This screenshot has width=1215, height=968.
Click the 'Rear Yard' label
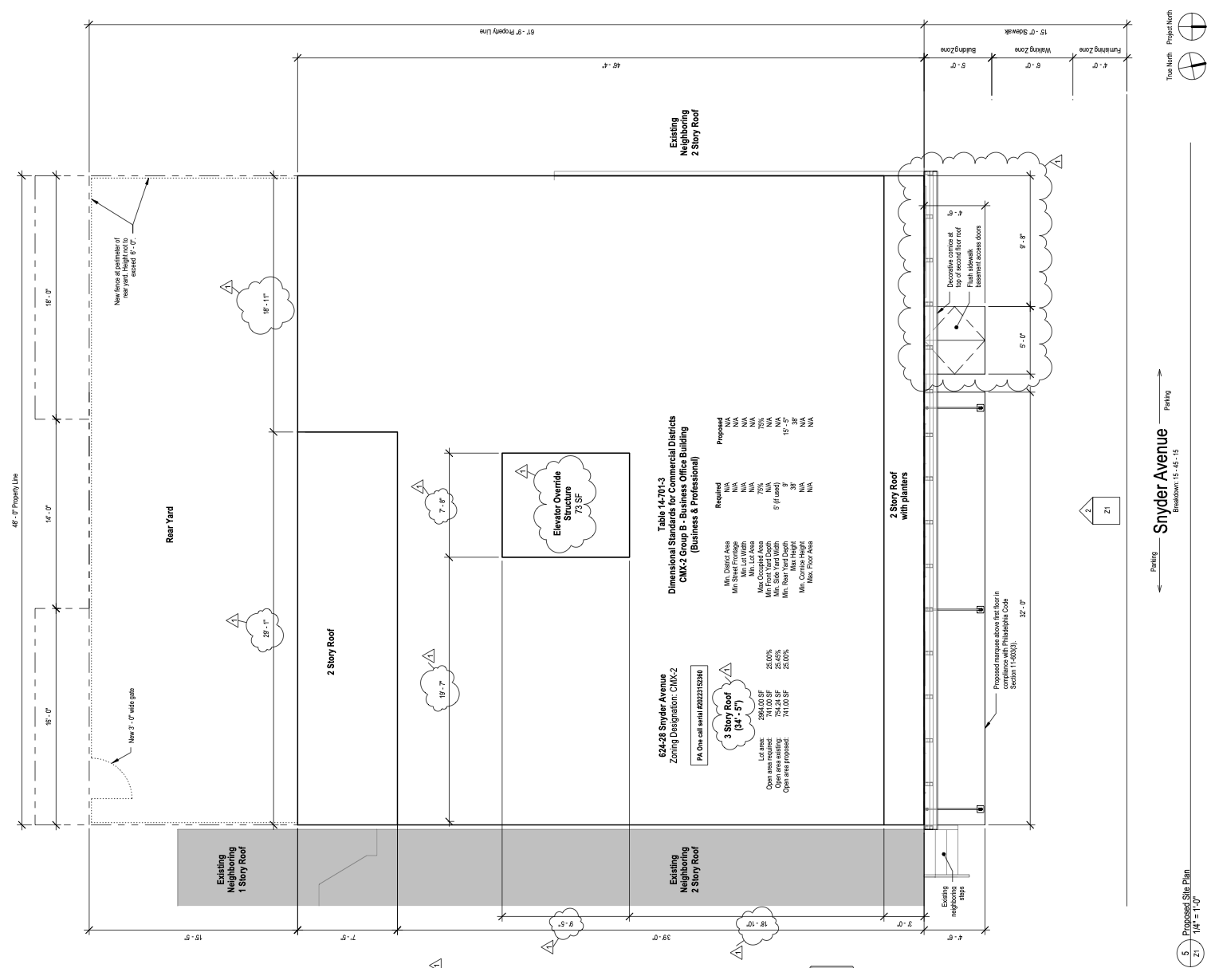[x=170, y=525]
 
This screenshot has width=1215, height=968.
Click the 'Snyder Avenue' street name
[x=1165, y=481]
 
